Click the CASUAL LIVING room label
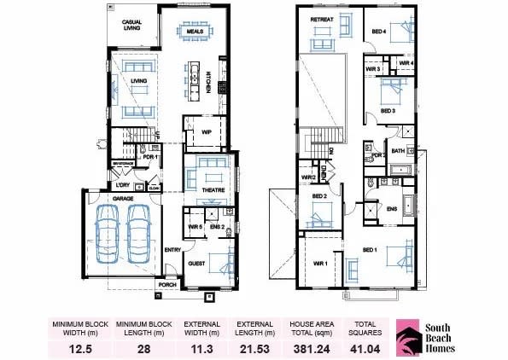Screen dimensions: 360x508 coord(131,24)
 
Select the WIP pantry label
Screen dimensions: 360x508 coord(206,132)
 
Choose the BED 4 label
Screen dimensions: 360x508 coord(378,32)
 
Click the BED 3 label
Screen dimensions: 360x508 coord(388,111)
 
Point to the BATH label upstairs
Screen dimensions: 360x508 coord(398,150)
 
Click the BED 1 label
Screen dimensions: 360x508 coord(370,250)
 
